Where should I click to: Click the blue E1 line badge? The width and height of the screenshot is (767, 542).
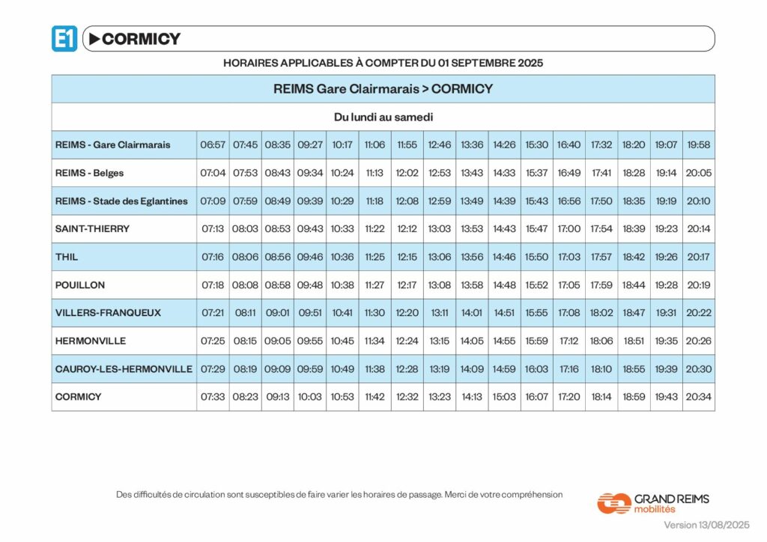64,38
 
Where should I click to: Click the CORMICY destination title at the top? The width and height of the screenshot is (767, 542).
141,39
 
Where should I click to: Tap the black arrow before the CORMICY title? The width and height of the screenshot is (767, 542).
94,38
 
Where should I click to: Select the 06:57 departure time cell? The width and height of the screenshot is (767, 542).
213,144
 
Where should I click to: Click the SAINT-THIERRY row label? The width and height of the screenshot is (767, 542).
92,228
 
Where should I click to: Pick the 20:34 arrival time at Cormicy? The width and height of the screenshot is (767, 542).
698,397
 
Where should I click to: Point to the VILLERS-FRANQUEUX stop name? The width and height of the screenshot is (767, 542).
108,313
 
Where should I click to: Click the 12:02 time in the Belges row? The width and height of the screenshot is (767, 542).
407,173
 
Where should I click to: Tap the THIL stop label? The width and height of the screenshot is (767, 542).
67,257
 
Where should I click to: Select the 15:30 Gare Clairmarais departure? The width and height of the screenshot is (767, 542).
536,144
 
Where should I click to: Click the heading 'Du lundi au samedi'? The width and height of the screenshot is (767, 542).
383,117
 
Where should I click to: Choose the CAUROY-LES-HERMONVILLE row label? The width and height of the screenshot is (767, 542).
124,369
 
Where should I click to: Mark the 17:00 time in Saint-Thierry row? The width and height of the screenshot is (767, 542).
569,228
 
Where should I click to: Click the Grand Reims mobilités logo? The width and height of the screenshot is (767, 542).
652,502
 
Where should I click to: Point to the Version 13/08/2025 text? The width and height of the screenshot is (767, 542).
706,525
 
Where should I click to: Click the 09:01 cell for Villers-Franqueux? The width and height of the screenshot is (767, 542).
277,313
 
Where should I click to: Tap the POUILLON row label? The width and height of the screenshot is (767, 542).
80,285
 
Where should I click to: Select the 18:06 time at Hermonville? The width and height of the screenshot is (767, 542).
601,341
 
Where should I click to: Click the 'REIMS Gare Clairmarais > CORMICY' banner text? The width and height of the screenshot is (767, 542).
383,88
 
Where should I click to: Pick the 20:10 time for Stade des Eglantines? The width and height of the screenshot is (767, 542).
698,201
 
